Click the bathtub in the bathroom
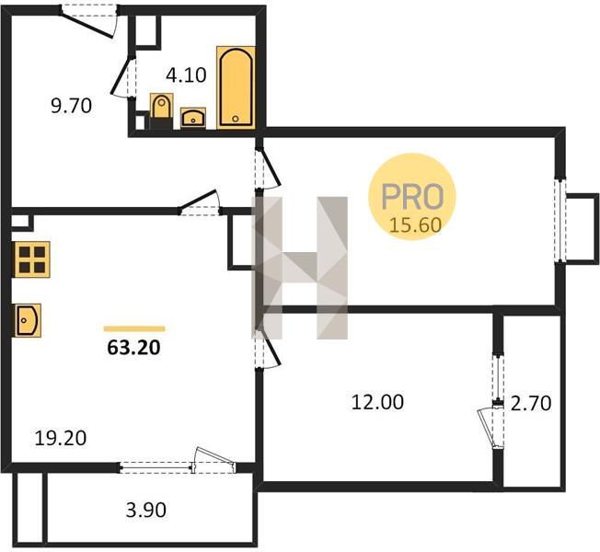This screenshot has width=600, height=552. (x=237, y=87)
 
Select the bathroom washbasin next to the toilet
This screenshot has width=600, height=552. (x=193, y=118)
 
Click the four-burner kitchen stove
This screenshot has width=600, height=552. (x=32, y=259)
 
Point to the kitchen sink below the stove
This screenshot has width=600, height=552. (x=28, y=320)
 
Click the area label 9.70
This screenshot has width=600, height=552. (x=72, y=106)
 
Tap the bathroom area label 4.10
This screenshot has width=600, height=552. (x=187, y=75)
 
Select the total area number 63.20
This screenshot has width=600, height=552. (x=133, y=348)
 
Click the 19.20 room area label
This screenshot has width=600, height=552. (x=61, y=438)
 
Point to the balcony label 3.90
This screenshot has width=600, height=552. (x=146, y=510)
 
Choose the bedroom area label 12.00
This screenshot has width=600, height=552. (x=377, y=402)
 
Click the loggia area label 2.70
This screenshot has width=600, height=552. (x=531, y=403)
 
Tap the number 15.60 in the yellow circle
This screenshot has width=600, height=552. (x=415, y=224)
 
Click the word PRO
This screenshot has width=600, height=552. (x=412, y=197)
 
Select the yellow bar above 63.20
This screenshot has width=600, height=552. (x=134, y=328)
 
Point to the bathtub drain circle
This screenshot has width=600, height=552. (x=236, y=119)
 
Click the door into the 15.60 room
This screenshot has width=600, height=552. (x=269, y=168)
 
